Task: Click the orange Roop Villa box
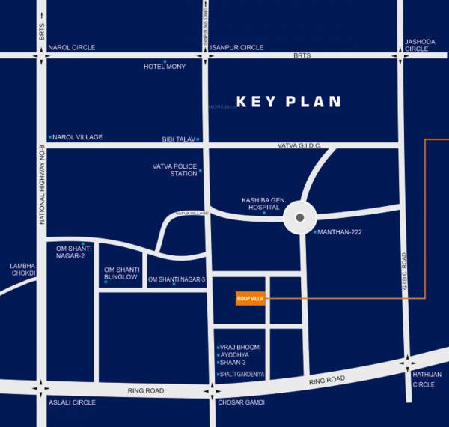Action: tap(248, 298)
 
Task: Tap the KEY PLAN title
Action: tap(289, 102)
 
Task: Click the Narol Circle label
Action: tap(71, 47)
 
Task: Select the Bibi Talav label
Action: tap(178, 139)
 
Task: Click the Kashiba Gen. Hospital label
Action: tap(260, 204)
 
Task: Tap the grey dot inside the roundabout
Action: tap(299, 218)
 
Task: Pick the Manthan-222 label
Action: tap(339, 232)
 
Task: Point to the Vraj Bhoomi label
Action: tap(240, 348)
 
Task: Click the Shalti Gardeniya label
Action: tap(242, 374)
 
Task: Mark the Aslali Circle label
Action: tap(72, 402)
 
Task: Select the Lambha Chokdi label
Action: tap(22, 269)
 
